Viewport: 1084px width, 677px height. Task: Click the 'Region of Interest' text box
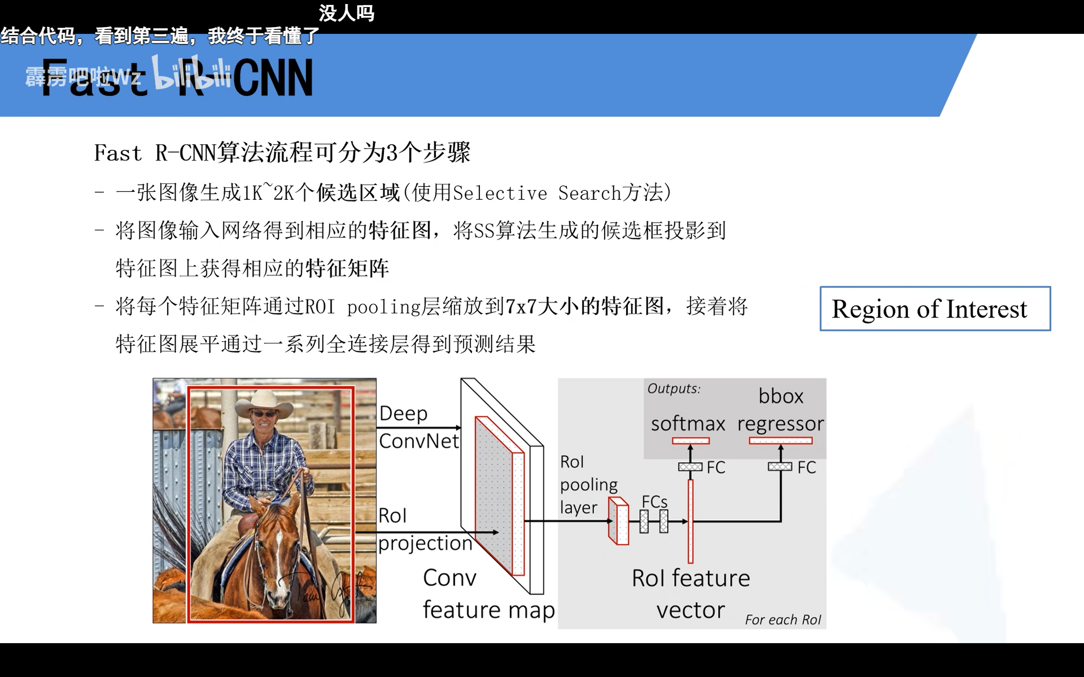tap(935, 308)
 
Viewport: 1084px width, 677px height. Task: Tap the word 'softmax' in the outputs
tap(688, 423)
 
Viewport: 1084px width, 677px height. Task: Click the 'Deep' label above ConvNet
tap(403, 413)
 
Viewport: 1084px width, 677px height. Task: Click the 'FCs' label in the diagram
tap(654, 501)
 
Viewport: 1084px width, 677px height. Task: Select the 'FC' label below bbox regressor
tap(806, 468)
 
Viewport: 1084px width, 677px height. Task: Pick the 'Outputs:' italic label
tap(673, 388)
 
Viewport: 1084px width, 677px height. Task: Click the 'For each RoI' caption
tap(783, 620)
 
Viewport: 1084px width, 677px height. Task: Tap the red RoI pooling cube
tap(618, 521)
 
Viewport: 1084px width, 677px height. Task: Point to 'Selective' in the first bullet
tap(499, 193)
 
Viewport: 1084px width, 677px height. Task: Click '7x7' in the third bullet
tap(521, 307)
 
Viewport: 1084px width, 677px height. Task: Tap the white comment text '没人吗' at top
tap(346, 14)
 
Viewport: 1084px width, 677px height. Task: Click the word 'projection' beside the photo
tap(425, 543)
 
